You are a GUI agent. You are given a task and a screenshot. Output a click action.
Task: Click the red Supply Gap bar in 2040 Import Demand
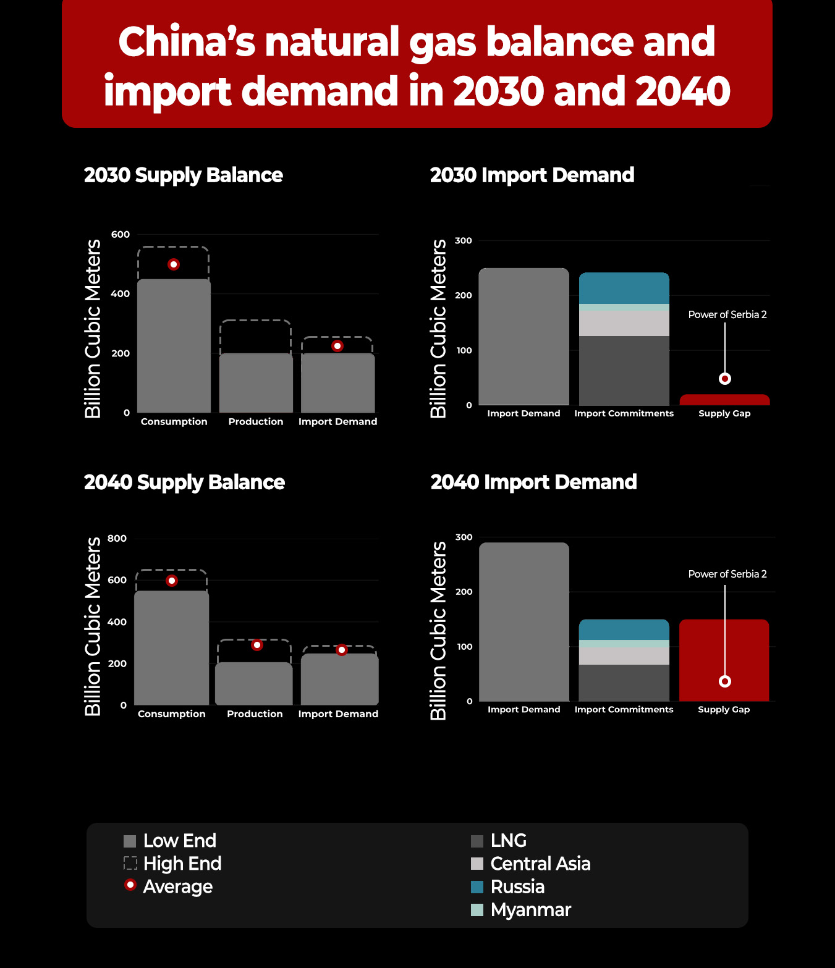(x=724, y=660)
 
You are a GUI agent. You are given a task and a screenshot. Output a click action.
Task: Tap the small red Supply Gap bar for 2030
(x=724, y=400)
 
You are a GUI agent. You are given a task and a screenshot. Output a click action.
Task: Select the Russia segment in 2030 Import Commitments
(x=624, y=288)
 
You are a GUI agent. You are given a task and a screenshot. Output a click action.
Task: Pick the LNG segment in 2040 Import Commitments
(x=624, y=683)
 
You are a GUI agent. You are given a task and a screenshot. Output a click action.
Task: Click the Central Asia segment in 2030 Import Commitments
(x=624, y=323)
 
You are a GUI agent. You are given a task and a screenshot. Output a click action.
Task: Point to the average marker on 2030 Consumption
(x=174, y=264)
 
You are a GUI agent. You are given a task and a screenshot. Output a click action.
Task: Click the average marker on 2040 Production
(x=256, y=645)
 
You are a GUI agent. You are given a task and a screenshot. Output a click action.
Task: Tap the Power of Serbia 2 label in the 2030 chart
(x=727, y=314)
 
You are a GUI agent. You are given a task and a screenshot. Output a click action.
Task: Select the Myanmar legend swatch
(x=477, y=910)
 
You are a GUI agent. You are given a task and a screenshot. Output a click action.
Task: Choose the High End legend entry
(x=172, y=864)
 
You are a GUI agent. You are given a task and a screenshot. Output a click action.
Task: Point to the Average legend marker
(x=130, y=885)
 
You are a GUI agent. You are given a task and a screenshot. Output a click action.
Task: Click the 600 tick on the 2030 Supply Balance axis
(x=121, y=235)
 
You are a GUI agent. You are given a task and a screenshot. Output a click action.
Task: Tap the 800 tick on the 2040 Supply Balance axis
(x=117, y=539)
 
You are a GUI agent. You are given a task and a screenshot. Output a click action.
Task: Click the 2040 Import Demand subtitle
(x=534, y=482)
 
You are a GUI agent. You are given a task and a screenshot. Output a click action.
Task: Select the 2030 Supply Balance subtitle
(x=183, y=176)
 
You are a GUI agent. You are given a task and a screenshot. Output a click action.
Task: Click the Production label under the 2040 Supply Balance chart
(x=255, y=713)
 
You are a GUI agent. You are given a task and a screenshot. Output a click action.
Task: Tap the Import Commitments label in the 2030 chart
(x=624, y=413)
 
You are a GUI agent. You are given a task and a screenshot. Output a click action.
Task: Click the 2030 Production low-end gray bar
(x=256, y=383)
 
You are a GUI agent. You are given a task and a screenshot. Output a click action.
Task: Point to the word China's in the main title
(x=187, y=42)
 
